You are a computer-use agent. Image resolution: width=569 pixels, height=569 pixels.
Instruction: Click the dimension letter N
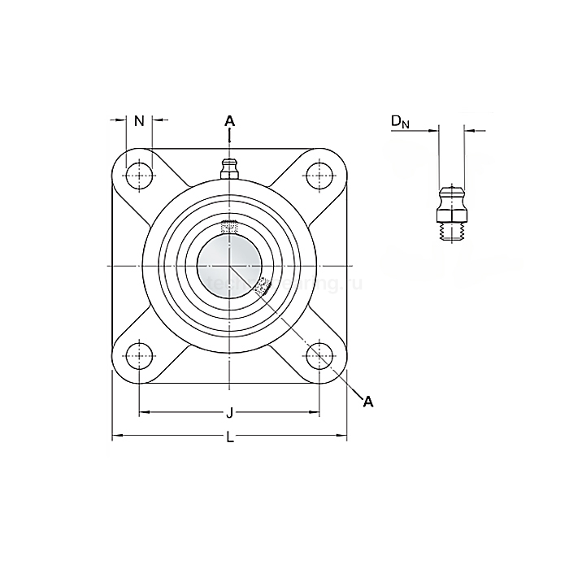click(139, 121)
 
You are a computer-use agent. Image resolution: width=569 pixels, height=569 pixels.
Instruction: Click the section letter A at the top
click(229, 121)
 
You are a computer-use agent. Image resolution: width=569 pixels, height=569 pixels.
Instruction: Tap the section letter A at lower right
click(368, 401)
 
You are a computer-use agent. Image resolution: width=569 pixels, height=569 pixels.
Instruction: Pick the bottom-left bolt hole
click(139, 355)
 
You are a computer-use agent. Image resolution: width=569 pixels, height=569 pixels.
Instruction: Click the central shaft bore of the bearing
click(229, 266)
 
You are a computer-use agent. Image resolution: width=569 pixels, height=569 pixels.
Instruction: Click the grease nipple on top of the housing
click(229, 168)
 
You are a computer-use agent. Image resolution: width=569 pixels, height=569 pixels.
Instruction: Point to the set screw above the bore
click(229, 226)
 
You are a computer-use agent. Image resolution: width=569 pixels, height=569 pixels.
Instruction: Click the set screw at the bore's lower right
click(263, 286)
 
